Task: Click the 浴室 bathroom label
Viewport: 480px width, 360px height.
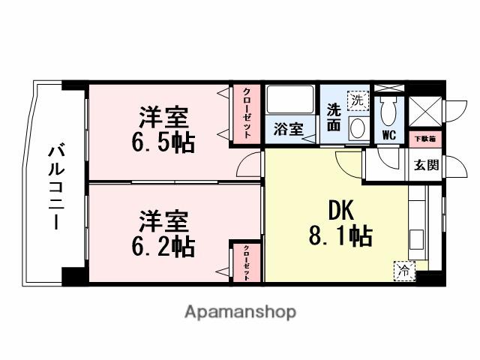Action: pos(288,129)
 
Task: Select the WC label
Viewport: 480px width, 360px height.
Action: pos(388,136)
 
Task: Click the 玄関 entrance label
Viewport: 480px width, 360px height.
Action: pos(425,165)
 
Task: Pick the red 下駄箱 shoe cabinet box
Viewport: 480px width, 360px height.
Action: pos(425,139)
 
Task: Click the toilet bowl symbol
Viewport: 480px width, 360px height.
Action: pos(388,111)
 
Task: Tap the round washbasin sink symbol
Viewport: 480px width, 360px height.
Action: pos(358,127)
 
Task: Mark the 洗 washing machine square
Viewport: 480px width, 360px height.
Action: pos(358,98)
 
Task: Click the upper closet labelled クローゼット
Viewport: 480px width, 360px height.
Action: pos(246,113)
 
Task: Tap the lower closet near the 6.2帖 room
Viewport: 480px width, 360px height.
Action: pos(246,262)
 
